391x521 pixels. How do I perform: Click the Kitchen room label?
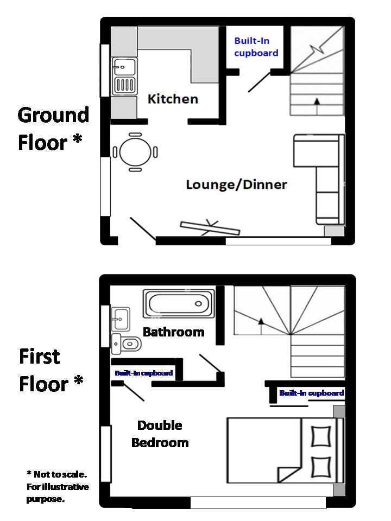coord(173,99)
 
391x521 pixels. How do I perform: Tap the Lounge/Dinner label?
coord(236,185)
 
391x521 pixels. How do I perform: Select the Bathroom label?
coord(174,332)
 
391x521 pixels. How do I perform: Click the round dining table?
coord(135,152)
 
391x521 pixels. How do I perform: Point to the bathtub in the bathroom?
coord(179,303)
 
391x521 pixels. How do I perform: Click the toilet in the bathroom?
coord(127,344)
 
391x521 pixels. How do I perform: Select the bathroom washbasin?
coord(121,319)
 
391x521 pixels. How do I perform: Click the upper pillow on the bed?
coord(321,436)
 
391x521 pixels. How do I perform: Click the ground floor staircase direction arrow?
coord(317,106)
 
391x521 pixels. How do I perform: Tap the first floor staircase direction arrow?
coord(261,326)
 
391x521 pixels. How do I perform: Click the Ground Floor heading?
coord(53,129)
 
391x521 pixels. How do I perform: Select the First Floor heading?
coord(51,370)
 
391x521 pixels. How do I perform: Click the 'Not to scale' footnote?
coord(58,486)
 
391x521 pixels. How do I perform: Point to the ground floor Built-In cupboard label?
coord(256,47)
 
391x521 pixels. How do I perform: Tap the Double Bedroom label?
coord(160,434)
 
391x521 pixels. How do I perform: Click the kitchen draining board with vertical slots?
coord(124,85)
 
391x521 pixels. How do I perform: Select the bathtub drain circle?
coord(199,304)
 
